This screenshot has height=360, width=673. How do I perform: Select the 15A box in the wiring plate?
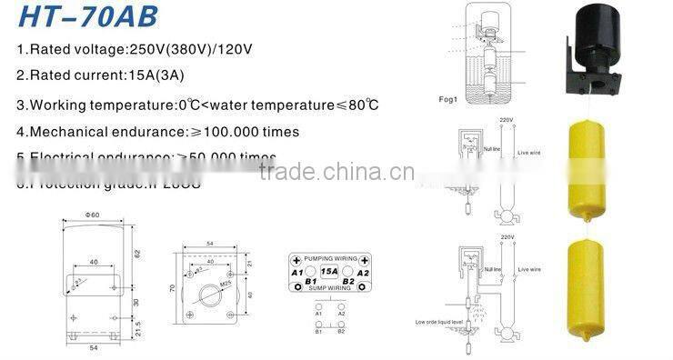tap(328, 271)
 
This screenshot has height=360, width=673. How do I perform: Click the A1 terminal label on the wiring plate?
tap(296, 271)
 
